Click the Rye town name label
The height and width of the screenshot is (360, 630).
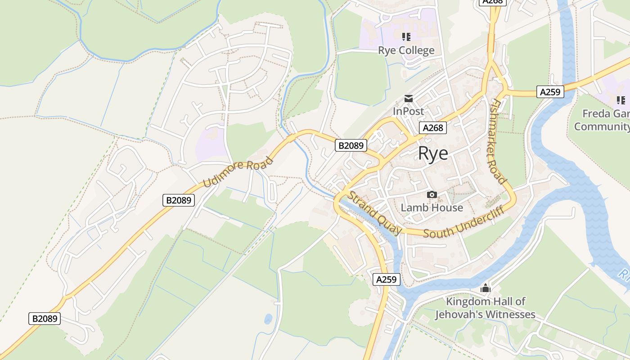coord(433,153)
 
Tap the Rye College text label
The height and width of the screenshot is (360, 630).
coord(406,50)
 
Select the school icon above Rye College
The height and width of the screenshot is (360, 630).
coord(406,36)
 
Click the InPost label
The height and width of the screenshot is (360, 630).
coord(408,111)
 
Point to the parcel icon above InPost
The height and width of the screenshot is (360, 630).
coord(408,98)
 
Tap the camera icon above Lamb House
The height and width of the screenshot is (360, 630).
coord(432,194)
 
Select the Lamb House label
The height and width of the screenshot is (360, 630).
coord(432,207)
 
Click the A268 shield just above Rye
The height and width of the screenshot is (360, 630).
coord(433,128)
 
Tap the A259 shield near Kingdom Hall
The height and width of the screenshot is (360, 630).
coord(387,279)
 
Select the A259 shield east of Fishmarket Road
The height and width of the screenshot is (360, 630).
coord(550,92)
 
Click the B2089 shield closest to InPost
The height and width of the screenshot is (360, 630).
coord(351,145)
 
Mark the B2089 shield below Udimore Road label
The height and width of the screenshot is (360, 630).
coord(179,200)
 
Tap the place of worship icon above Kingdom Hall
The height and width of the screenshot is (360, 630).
coord(486,288)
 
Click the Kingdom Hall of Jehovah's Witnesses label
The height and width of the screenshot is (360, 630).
coord(486,308)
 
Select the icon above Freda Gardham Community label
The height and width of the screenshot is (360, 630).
coord(621,100)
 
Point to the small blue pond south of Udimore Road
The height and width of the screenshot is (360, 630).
coord(268,319)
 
